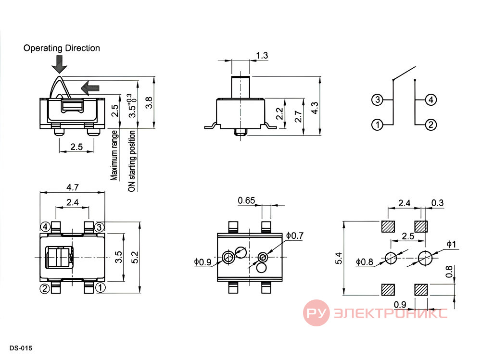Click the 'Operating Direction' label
(62, 48)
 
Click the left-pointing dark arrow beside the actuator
(90, 88)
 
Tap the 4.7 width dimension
(73, 187)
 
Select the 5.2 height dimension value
(135, 257)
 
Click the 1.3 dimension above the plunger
(262, 55)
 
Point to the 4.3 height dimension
(315, 108)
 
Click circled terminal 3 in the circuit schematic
(377, 99)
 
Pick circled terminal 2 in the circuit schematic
(431, 125)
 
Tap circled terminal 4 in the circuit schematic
(431, 99)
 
